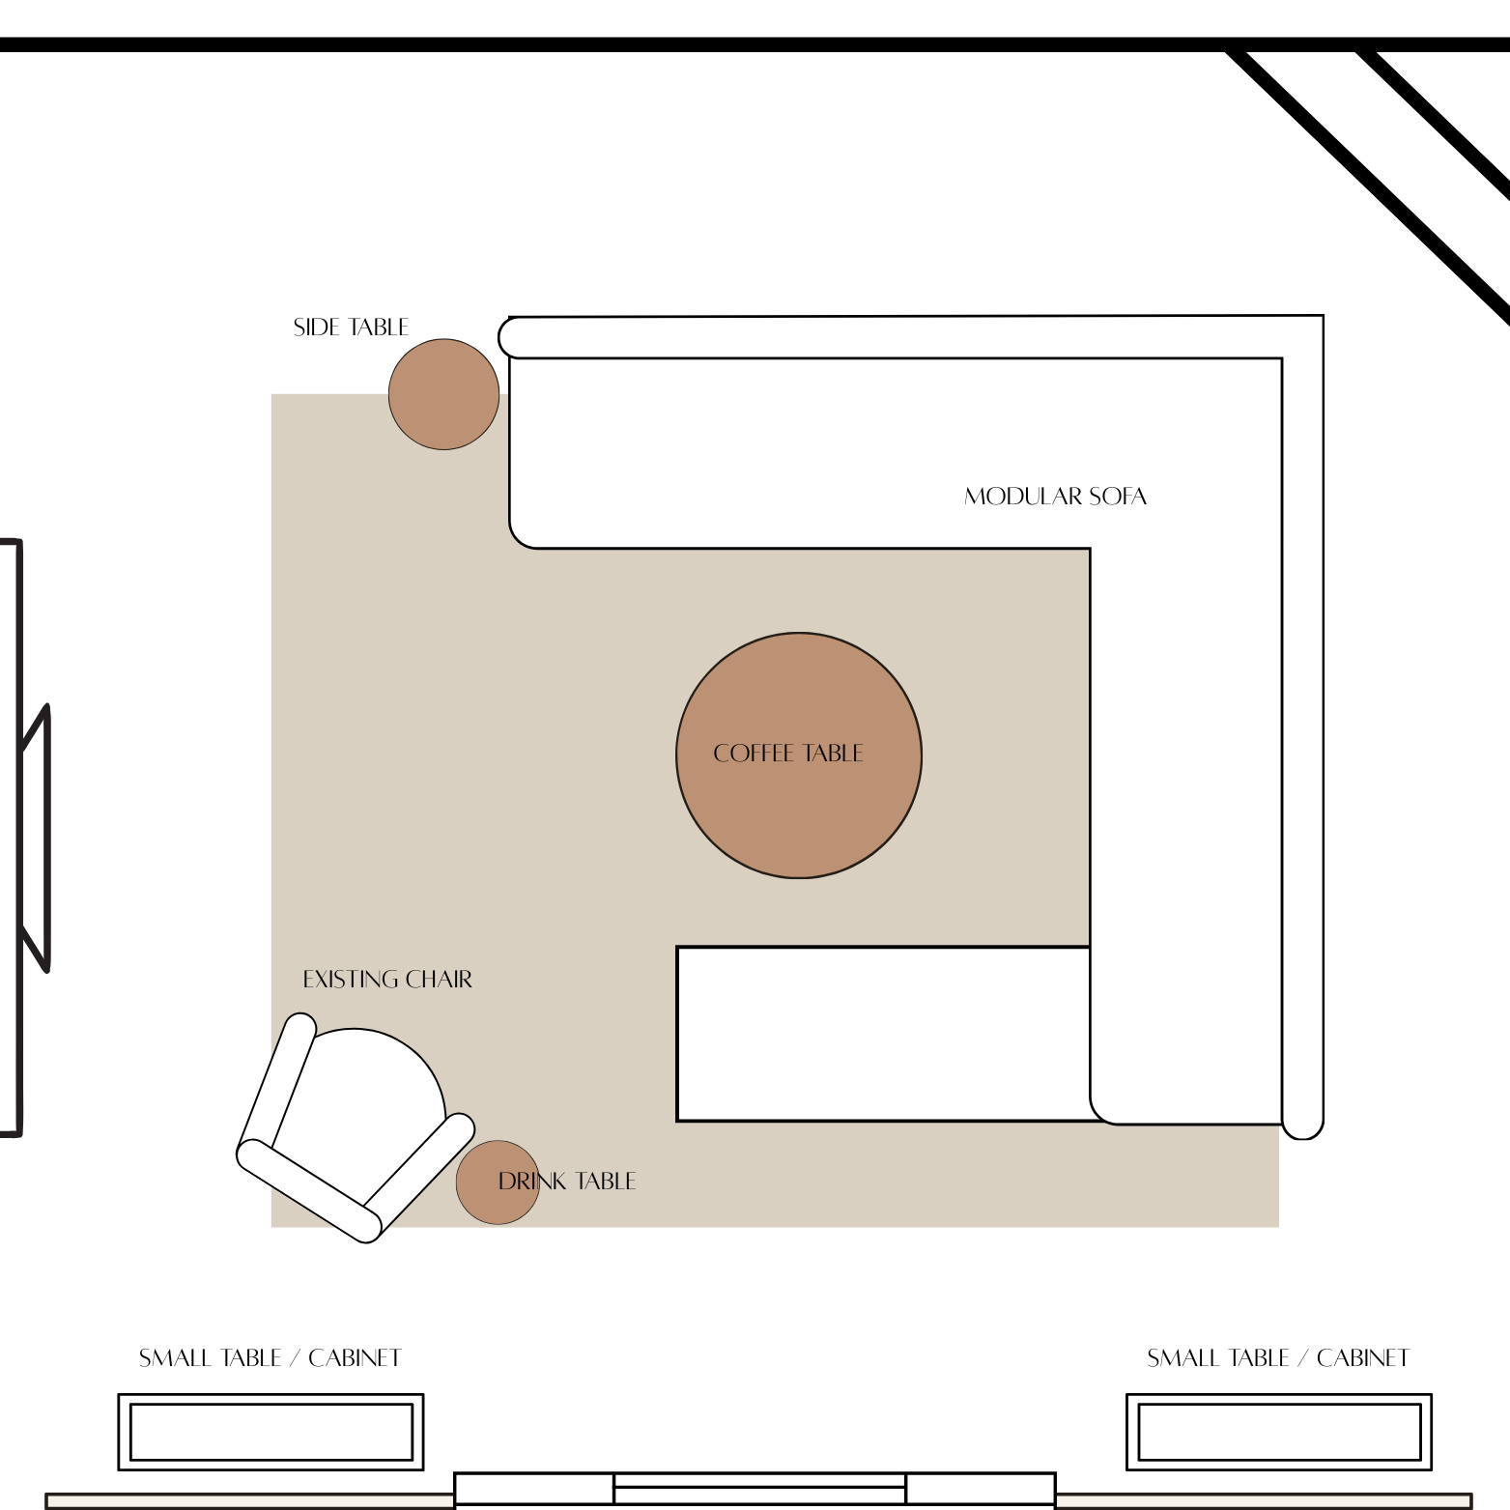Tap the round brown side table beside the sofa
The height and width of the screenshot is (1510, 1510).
tap(443, 394)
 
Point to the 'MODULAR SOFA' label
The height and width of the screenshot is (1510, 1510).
tap(1055, 497)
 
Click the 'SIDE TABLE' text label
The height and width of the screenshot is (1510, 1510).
tap(351, 328)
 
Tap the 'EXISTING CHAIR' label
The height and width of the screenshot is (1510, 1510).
tap(387, 980)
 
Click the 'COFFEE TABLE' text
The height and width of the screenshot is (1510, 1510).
tap(787, 754)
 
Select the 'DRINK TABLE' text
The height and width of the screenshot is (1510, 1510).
tap(567, 1182)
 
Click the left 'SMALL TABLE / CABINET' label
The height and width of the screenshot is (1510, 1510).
tap(270, 1358)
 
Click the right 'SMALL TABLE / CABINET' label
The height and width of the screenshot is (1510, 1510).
tap(1278, 1358)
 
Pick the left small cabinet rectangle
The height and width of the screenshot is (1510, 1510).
tap(271, 1432)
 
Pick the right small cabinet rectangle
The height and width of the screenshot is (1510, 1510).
tap(1278, 1432)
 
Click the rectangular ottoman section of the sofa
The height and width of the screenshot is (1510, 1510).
tap(883, 1034)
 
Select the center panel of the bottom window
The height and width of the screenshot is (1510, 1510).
tap(759, 1489)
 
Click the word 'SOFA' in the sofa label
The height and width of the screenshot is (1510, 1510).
tap(1118, 497)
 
